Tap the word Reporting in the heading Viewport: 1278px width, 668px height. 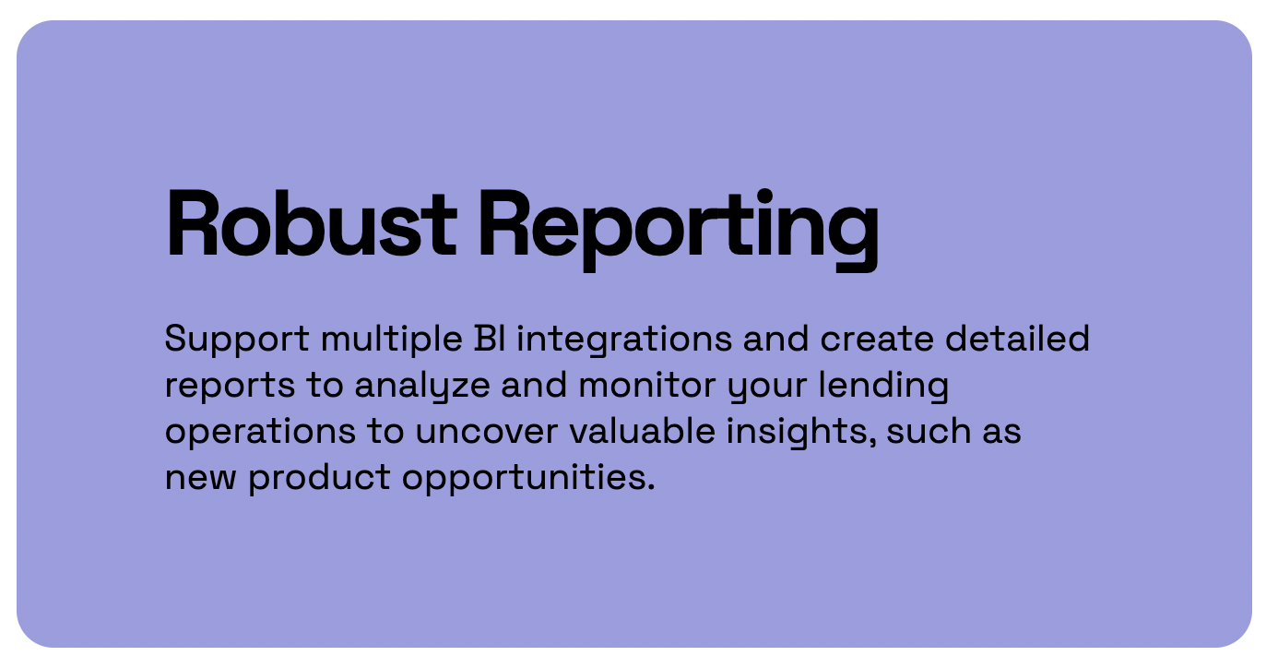pos(679,223)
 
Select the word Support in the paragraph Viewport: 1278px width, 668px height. pos(236,340)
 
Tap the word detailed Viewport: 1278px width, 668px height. pos(1017,339)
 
